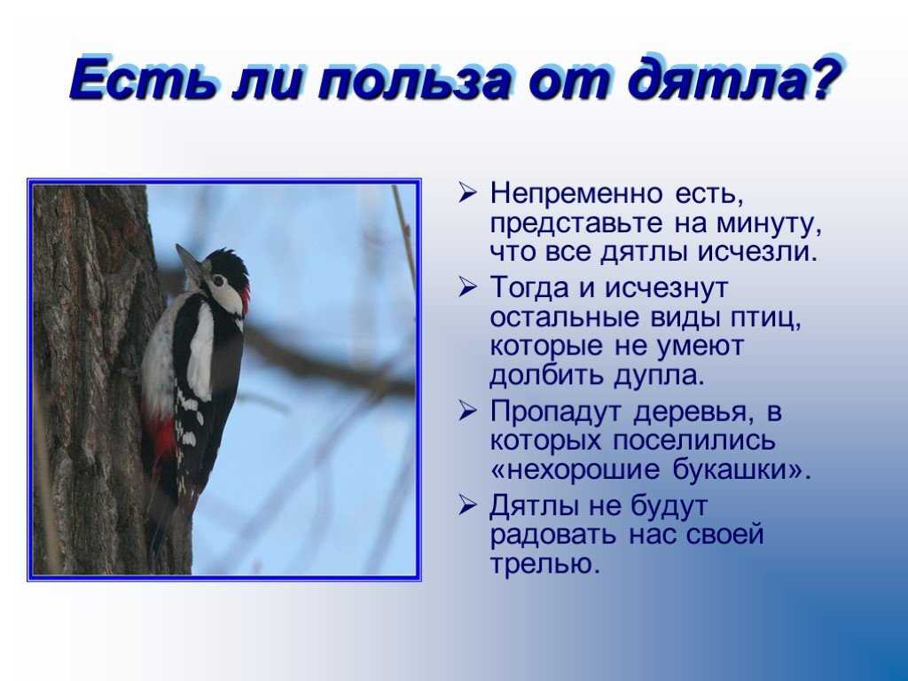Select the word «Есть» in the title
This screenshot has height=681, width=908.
(145, 78)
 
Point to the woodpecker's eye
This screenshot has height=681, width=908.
(218, 281)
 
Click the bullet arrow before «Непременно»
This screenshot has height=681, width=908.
(466, 192)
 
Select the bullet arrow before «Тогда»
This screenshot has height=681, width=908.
(466, 287)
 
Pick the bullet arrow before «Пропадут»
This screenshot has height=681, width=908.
(466, 411)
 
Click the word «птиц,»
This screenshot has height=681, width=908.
(766, 318)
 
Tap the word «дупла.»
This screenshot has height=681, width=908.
(659, 376)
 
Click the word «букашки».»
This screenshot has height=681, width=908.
(741, 469)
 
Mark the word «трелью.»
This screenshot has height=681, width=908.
(545, 564)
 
